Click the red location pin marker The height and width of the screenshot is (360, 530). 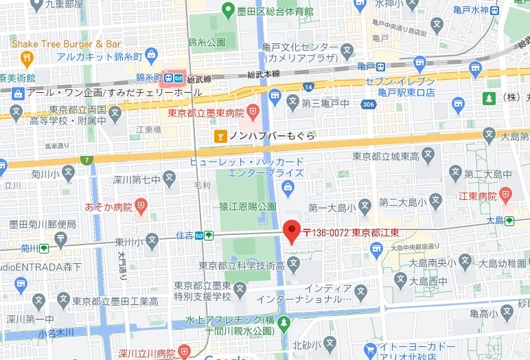(292, 232)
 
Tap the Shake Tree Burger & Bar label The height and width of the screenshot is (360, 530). (66, 44)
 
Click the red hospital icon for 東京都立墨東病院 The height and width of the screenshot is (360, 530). (253, 110)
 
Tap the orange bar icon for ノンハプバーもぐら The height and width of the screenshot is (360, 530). (220, 136)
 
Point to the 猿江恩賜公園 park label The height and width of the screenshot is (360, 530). (248, 206)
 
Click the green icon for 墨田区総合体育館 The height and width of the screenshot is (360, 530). (230, 10)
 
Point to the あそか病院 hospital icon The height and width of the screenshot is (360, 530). (141, 205)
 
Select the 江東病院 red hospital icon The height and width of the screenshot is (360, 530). (506, 194)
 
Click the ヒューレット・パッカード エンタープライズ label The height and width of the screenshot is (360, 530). (247, 167)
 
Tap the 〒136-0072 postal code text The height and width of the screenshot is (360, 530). (325, 232)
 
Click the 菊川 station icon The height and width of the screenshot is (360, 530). (44, 248)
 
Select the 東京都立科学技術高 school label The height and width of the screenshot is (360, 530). (238, 265)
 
